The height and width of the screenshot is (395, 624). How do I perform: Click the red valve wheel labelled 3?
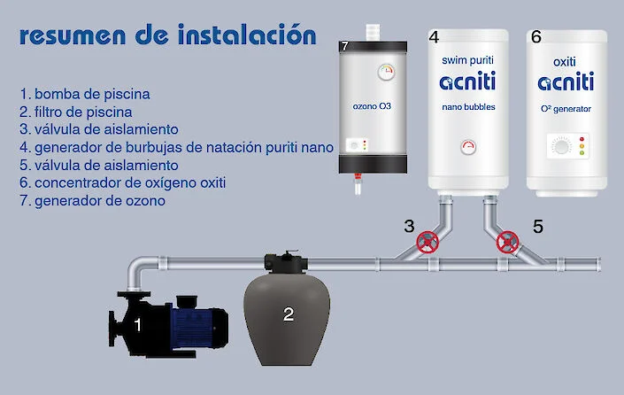click(x=428, y=241)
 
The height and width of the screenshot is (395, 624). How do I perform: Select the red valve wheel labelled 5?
click(x=508, y=241)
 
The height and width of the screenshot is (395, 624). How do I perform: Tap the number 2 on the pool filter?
click(x=288, y=314)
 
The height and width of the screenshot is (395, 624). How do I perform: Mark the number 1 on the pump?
click(x=137, y=325)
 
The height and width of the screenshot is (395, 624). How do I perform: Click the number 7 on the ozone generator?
click(x=344, y=45)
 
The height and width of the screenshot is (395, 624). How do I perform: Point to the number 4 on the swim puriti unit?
click(x=434, y=37)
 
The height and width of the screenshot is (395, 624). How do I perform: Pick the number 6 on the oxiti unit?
click(x=535, y=37)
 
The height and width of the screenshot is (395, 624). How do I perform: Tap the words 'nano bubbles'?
click(x=468, y=108)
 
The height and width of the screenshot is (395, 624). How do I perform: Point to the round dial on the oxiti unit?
click(x=559, y=145)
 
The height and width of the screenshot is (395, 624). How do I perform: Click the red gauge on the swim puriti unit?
click(x=468, y=146)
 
